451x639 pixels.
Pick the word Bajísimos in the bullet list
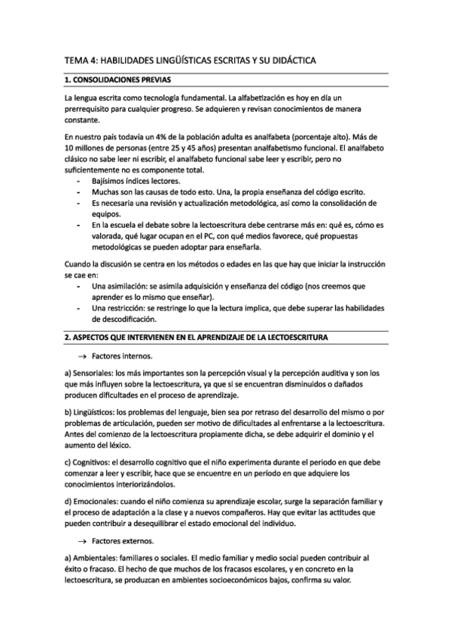point(110,182)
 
